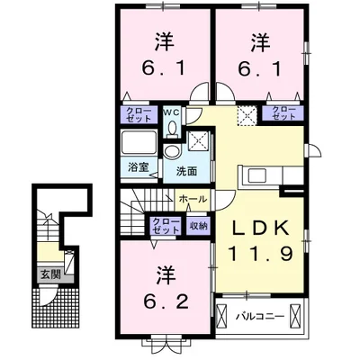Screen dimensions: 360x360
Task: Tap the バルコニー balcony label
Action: tap(261, 317)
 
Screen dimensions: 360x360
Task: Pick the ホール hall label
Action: tap(193, 199)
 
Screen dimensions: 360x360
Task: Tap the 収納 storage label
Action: tap(198, 226)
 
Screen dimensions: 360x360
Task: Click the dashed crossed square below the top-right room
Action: tap(246, 115)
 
